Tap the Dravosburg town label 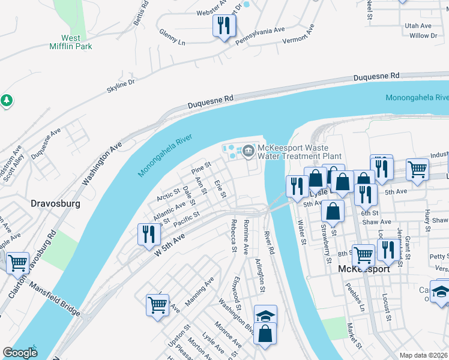pyautogui.click(x=55, y=204)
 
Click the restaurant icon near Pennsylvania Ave pyautogui.click(x=224, y=25)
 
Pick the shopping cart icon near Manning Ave pyautogui.click(x=158, y=304)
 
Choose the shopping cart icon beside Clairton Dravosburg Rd pyautogui.click(x=18, y=262)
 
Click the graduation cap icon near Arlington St pyautogui.click(x=265, y=316)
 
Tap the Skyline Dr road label pyautogui.click(x=121, y=85)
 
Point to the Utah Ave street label pyautogui.click(x=418, y=26)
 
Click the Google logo pyautogui.click(x=20, y=353)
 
